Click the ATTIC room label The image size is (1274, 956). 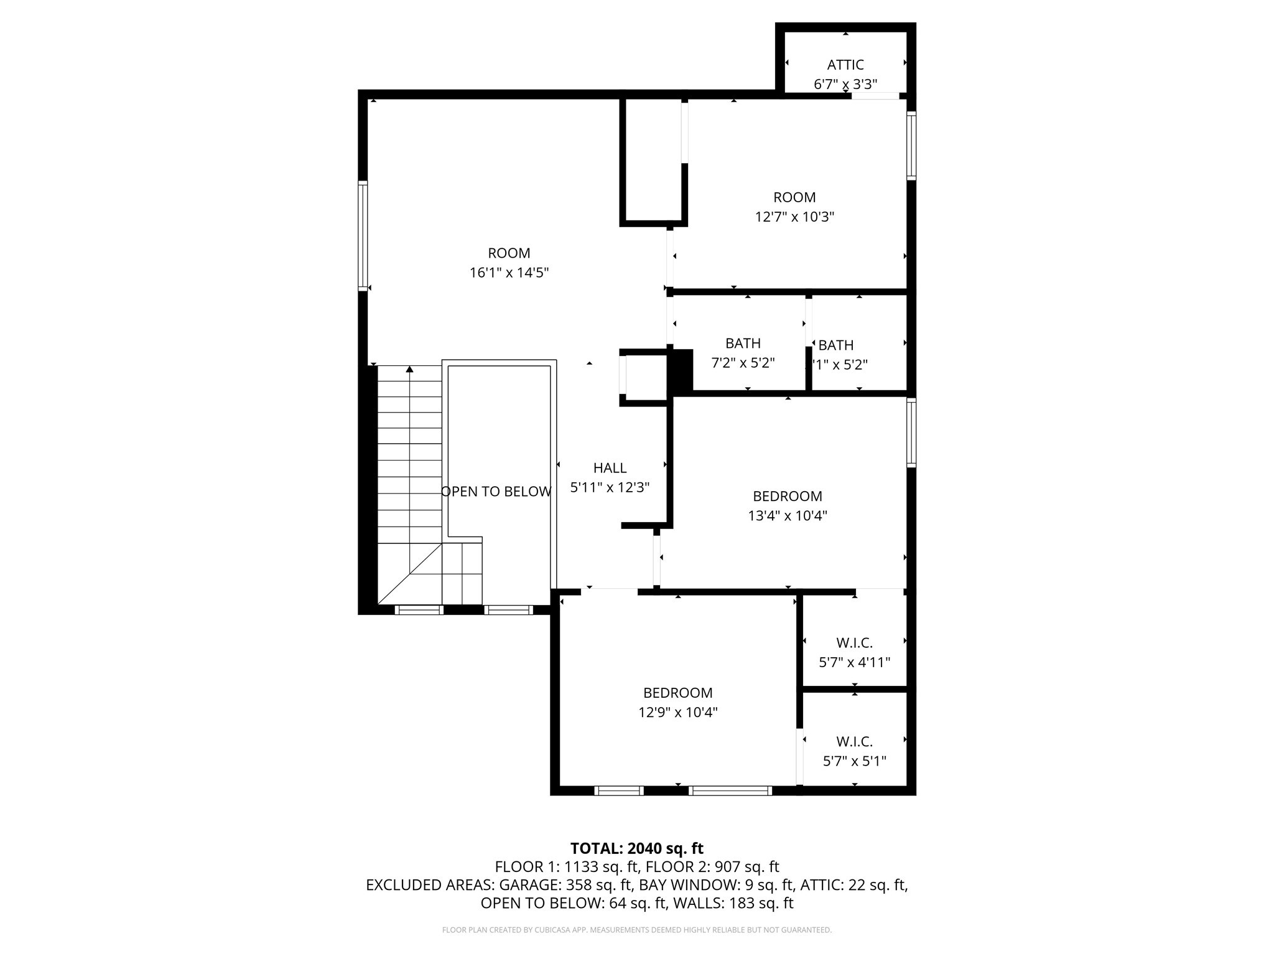845,65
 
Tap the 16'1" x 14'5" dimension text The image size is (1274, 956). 509,273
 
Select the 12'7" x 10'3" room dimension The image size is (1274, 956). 794,217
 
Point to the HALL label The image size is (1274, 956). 610,468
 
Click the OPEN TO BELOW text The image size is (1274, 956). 496,492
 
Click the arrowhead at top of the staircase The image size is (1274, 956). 409,370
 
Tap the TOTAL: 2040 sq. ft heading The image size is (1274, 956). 636,848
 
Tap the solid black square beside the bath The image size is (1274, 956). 681,370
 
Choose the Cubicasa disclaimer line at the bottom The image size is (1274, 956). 636,930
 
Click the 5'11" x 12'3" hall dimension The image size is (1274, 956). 610,487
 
